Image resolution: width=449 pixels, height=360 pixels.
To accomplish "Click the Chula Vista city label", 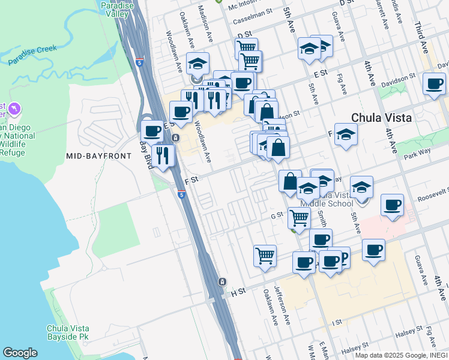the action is [x=381, y=118].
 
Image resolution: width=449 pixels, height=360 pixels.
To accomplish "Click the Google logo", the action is [x=19, y=353].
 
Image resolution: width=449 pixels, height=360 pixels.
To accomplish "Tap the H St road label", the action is [x=238, y=292].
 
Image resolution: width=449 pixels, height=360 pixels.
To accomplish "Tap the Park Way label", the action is [x=414, y=155].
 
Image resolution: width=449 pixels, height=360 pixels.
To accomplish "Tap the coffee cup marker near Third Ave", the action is [x=433, y=84].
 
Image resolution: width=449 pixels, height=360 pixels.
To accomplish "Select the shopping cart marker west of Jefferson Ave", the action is [x=265, y=255].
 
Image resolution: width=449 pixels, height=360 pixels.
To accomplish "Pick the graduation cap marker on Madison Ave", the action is [x=197, y=65].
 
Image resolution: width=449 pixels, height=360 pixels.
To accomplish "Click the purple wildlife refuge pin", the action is [x=14, y=110].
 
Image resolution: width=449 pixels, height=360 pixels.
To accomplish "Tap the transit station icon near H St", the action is [x=221, y=281].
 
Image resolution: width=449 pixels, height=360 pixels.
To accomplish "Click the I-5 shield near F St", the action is [x=181, y=194].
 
